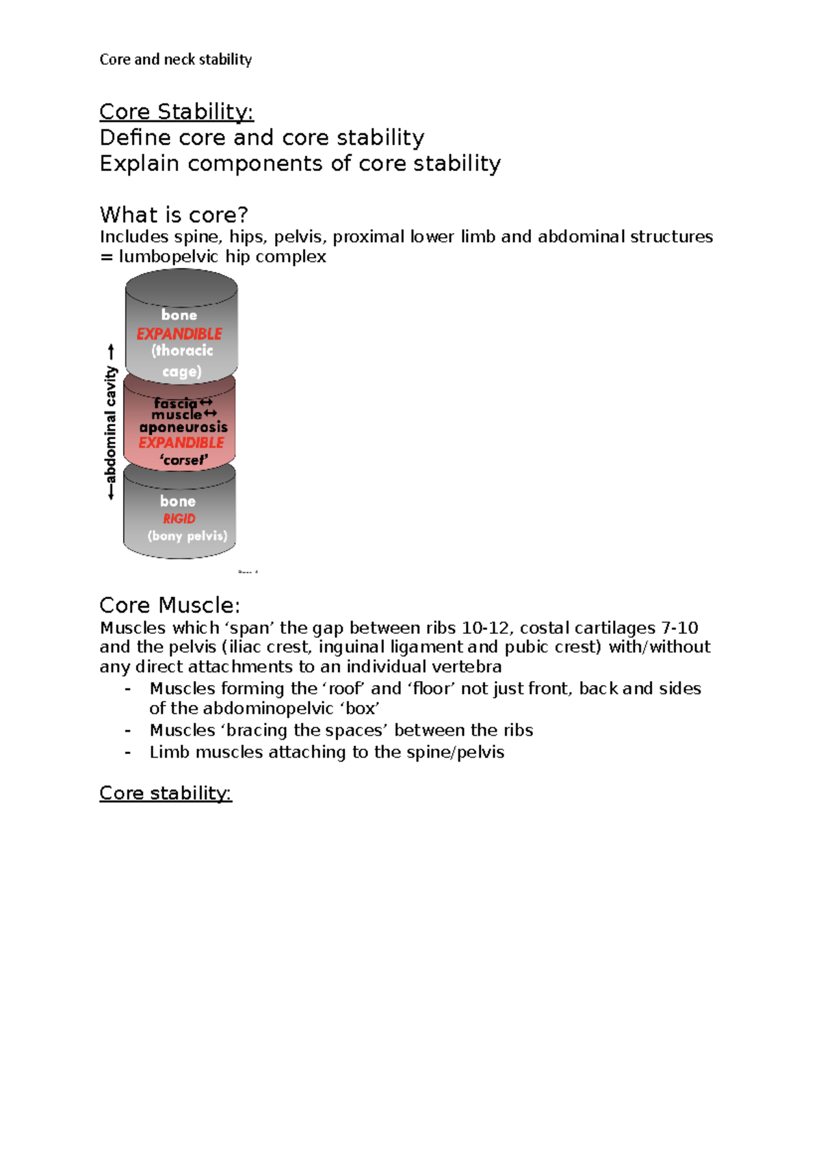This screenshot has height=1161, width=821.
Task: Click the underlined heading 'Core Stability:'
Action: (177, 111)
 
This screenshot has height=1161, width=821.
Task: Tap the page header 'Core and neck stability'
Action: (176, 59)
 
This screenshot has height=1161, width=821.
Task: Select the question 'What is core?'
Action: (174, 215)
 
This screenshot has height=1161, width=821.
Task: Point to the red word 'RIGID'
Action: (179, 519)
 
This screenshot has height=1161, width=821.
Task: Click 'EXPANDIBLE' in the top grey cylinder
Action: (179, 334)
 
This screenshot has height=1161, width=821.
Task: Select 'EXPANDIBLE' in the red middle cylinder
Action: (181, 443)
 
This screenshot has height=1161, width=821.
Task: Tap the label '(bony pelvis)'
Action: (187, 536)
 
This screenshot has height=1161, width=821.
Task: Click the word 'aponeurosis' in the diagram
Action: (183, 427)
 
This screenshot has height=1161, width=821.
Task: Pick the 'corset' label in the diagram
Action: (183, 460)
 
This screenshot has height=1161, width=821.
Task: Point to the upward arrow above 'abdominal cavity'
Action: (111, 352)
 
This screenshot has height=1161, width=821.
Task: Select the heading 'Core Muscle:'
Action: (170, 605)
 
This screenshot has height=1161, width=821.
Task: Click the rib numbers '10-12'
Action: (486, 628)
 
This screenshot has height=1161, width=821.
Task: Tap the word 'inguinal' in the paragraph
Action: (344, 647)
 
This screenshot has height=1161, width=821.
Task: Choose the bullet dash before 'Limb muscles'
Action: (128, 752)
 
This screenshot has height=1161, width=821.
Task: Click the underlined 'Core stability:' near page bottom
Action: (166, 793)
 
